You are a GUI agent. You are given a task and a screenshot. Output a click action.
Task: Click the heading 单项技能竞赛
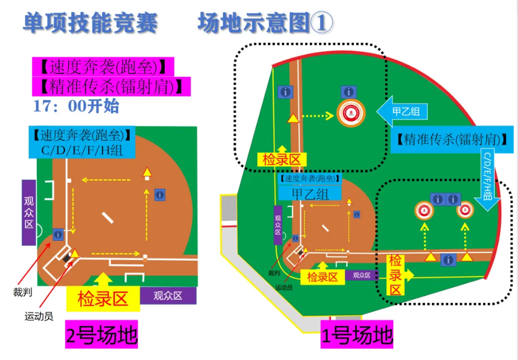pos(91,23)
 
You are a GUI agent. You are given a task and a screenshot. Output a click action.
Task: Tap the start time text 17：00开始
pos(76,106)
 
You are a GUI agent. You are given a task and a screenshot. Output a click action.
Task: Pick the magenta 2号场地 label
pos(102,335)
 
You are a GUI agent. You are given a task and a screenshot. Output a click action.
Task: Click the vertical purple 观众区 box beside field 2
pos(29,213)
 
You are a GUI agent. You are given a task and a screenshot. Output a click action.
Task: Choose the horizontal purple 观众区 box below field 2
pos(168,295)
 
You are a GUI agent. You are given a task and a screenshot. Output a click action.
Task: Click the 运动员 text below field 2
pos(39,316)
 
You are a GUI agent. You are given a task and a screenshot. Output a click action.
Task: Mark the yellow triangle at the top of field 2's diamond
pos(146,172)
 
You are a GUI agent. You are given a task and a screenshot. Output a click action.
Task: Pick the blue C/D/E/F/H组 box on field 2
pos(82,142)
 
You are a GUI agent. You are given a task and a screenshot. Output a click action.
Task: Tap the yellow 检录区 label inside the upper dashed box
pos(281,159)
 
